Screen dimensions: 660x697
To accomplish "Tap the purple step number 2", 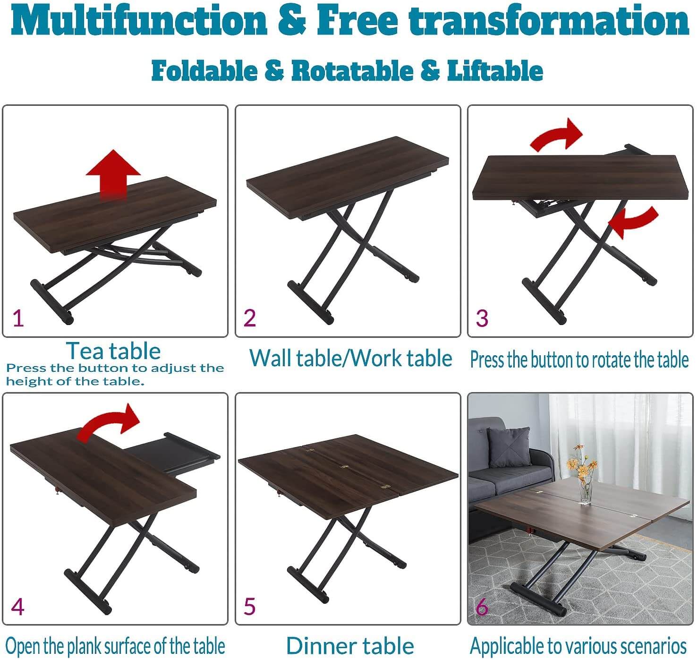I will (x=250, y=318).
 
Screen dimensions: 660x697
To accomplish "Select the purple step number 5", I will (x=250, y=607).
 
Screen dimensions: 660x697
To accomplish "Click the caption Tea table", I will (x=113, y=351).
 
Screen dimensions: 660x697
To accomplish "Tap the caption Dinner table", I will (x=350, y=646).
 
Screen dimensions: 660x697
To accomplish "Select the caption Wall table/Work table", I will (x=350, y=358).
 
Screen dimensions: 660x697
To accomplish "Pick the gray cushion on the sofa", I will (x=509, y=446).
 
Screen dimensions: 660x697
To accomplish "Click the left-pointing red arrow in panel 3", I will (x=633, y=221).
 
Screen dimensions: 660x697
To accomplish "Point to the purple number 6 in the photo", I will (x=482, y=607).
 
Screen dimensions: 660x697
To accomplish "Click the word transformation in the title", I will (x=550, y=21).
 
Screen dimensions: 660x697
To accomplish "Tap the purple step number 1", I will (x=18, y=318).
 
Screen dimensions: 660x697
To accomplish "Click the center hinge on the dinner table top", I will (x=345, y=466).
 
